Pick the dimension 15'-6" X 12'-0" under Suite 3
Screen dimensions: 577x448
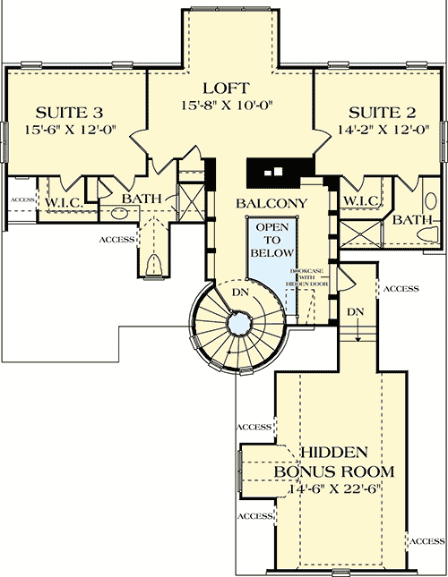pyautogui.click(x=71, y=129)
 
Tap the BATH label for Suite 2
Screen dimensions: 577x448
pyautogui.click(x=413, y=219)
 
